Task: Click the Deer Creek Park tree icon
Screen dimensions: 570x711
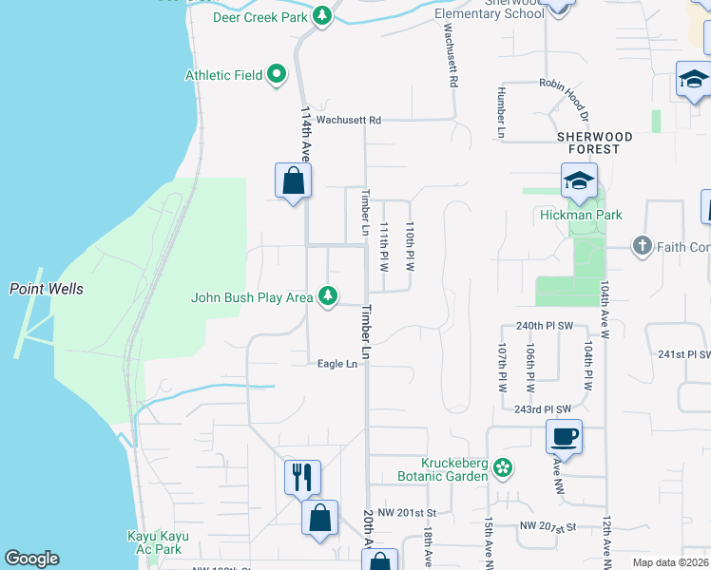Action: click(x=323, y=16)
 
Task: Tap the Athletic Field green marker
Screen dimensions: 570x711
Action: click(x=277, y=74)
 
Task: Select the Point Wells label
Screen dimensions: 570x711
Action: click(x=46, y=289)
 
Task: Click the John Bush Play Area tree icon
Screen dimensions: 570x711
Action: click(x=328, y=297)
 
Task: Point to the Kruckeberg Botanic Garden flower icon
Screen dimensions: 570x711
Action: click(x=504, y=467)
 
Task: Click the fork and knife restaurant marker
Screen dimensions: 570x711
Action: click(x=302, y=477)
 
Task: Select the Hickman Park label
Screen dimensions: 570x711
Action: click(x=581, y=215)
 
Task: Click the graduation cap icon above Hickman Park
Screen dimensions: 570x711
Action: click(x=578, y=181)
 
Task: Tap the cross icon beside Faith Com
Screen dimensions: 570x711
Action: click(x=643, y=247)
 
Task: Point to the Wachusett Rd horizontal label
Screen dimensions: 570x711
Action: click(x=348, y=121)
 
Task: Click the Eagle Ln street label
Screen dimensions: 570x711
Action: click(x=337, y=364)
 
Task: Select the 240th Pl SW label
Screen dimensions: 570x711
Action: click(x=544, y=325)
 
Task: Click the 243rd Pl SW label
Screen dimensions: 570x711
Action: click(x=542, y=409)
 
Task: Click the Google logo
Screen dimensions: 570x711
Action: click(x=31, y=559)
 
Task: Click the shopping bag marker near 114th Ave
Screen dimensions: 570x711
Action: click(x=294, y=180)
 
